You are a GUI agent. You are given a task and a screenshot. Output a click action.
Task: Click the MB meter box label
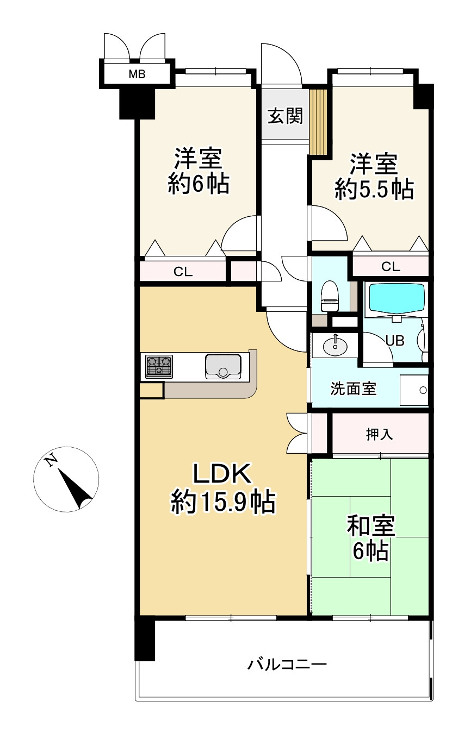137,74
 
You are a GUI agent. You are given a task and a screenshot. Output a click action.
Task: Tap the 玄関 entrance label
285,116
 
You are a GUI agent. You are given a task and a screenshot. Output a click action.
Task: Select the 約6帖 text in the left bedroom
199,184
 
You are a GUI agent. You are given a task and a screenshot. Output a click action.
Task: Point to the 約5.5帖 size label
374,189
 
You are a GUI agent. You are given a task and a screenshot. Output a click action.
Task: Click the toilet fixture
330,296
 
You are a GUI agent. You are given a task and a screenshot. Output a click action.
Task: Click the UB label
395,341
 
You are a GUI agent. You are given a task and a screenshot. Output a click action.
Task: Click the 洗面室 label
353,389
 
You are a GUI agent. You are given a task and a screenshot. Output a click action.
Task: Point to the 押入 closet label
379,435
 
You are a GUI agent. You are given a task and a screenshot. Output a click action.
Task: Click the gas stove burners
159,366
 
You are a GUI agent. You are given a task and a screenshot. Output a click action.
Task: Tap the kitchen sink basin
223,366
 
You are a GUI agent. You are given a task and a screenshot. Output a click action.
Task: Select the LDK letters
222,473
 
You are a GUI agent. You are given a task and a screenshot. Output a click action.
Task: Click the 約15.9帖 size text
223,502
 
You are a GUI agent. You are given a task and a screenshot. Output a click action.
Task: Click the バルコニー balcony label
287,665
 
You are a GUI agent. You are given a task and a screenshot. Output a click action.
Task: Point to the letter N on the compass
51,461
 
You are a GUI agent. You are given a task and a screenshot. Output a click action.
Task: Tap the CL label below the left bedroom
183,272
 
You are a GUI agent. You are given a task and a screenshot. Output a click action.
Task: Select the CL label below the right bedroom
391,267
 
